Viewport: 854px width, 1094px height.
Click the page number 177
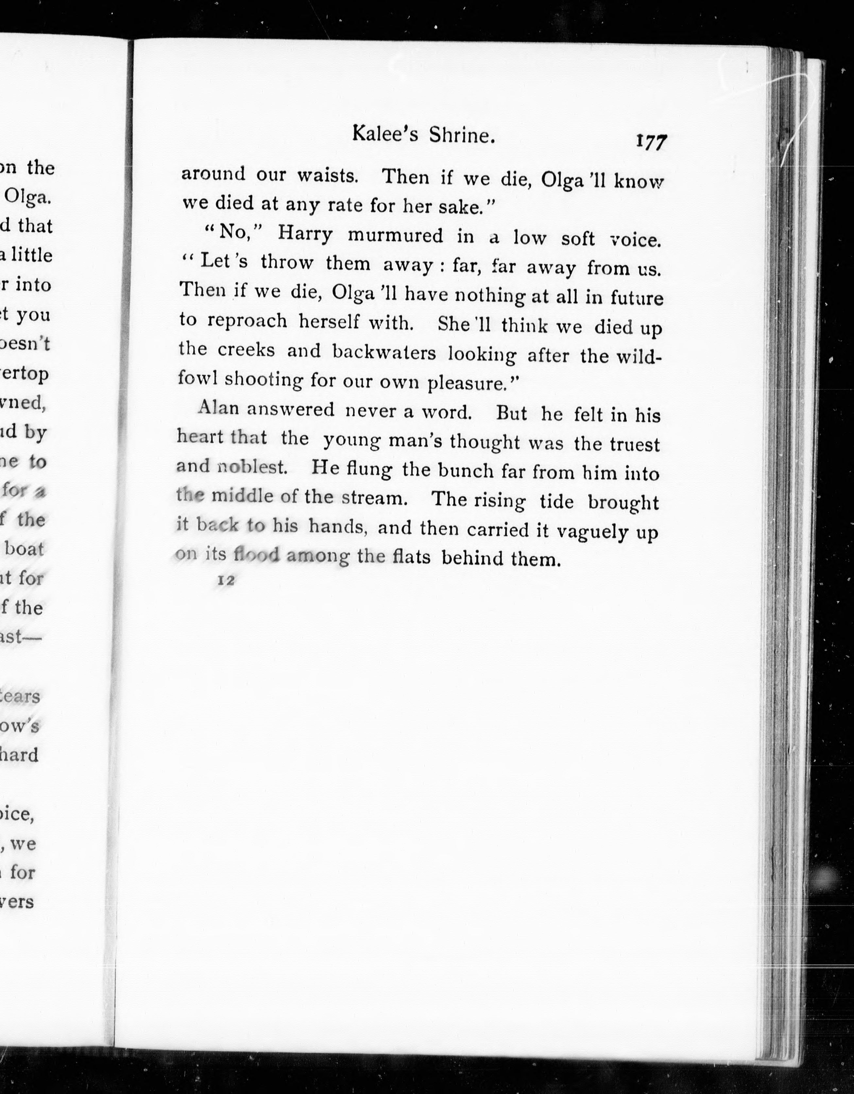click(651, 142)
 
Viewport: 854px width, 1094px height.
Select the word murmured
click(396, 236)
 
